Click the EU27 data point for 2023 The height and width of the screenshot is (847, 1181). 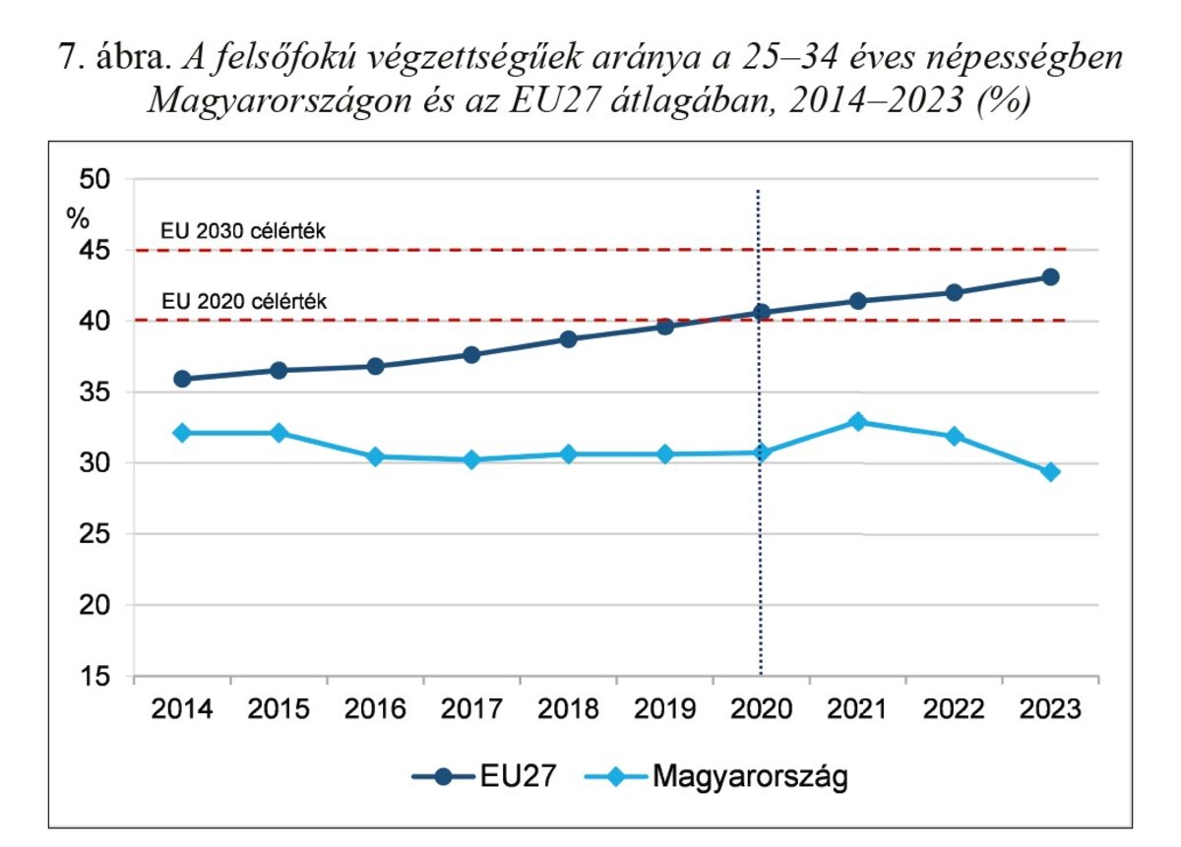[x=1050, y=277]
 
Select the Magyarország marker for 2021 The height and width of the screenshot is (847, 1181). [x=857, y=422]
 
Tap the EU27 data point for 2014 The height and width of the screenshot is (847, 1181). [x=181, y=379]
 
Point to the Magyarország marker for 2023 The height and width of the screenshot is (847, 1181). [x=1050, y=472]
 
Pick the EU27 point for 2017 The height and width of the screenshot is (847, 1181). [x=471, y=354]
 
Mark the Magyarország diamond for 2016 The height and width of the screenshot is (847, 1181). [x=375, y=456]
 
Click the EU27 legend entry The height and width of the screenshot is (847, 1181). [x=485, y=777]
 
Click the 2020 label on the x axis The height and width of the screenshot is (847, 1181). [x=761, y=709]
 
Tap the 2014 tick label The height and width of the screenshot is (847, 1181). [x=181, y=709]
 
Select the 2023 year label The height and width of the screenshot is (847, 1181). [x=1050, y=709]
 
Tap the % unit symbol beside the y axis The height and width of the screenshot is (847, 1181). [x=77, y=218]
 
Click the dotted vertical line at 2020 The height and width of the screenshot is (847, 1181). [x=760, y=551]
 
